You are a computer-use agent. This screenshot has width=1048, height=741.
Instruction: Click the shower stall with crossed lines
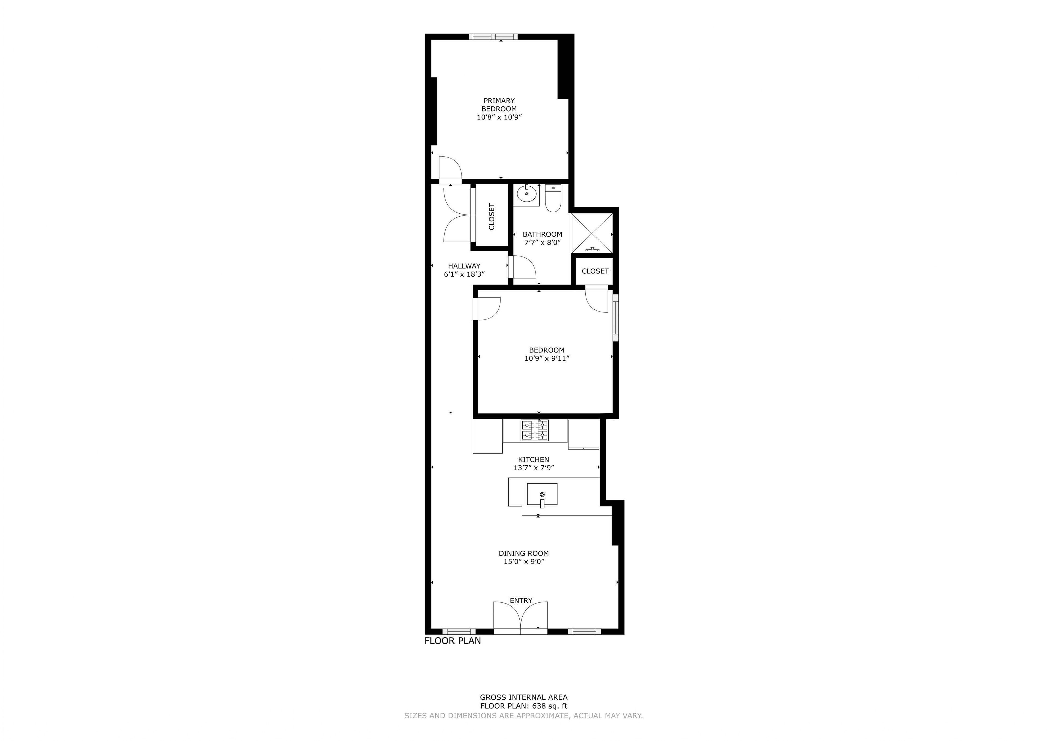click(x=592, y=233)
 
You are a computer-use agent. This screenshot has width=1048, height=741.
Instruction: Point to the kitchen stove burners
click(x=535, y=430)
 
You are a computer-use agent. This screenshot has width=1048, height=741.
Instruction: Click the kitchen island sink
click(x=542, y=495)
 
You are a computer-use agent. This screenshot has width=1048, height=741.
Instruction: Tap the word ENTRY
click(x=521, y=600)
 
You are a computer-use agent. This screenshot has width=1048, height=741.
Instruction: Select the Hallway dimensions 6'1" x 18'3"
click(x=464, y=274)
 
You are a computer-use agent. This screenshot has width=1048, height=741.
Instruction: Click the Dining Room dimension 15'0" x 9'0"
click(x=524, y=562)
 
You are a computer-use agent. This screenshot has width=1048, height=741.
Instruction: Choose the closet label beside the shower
click(x=595, y=271)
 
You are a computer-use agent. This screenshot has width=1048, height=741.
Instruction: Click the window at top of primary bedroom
click(x=493, y=37)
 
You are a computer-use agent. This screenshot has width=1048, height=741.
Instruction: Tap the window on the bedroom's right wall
click(x=616, y=318)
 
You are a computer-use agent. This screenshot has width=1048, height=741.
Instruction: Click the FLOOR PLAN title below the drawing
click(x=453, y=641)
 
